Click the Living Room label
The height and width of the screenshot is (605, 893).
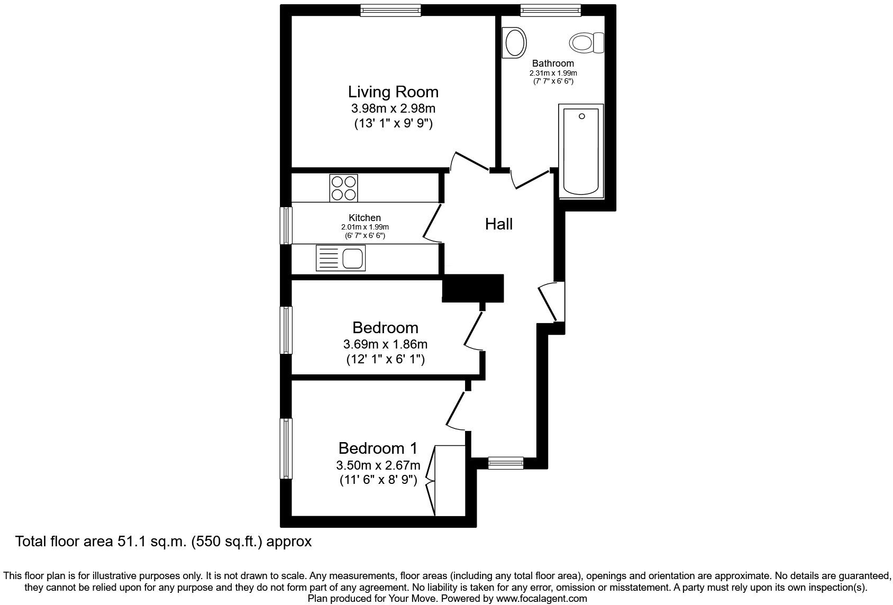tap(393, 92)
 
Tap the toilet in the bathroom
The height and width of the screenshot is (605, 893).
tap(587, 42)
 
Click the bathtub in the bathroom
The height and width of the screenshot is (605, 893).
tap(581, 151)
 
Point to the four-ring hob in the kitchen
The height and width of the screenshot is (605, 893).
tap(343, 188)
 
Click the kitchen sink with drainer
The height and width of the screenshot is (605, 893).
tap(341, 258)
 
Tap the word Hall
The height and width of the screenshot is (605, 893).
tap(498, 224)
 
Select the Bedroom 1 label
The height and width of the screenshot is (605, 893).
tap(378, 448)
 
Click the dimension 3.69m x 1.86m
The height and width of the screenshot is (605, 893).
tap(385, 344)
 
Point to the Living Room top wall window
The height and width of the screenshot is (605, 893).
tap(391, 10)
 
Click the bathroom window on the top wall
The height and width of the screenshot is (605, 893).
tap(550, 10)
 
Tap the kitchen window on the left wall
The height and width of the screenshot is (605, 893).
tap(286, 225)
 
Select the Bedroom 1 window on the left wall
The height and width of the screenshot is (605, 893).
tap(286, 448)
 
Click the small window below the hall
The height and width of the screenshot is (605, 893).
tap(505, 463)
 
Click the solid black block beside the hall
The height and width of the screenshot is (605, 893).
tap(472, 288)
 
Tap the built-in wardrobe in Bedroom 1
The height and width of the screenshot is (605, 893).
tap(450, 480)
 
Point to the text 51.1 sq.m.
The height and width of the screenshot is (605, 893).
tap(149, 542)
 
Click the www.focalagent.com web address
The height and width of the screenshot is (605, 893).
tap(541, 599)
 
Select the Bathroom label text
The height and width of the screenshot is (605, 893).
tap(553, 63)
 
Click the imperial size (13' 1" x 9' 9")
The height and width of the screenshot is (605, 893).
tap(393, 124)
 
